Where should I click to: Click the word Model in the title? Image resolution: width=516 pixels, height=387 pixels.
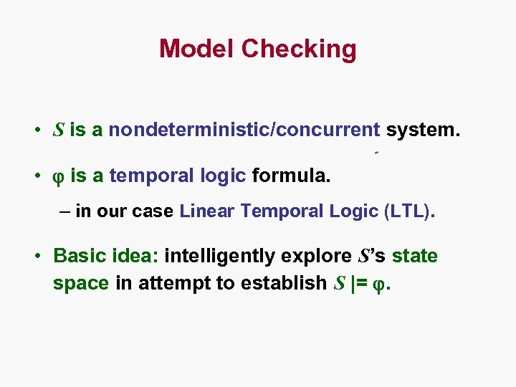[197, 49]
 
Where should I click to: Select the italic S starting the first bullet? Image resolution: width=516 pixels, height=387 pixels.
[59, 130]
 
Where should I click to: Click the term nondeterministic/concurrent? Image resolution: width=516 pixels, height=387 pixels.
[244, 130]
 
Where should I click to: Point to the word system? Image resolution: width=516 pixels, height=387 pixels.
[423, 130]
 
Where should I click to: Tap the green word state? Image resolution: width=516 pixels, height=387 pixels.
[415, 256]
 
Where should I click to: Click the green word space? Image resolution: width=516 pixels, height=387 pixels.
[81, 283]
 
